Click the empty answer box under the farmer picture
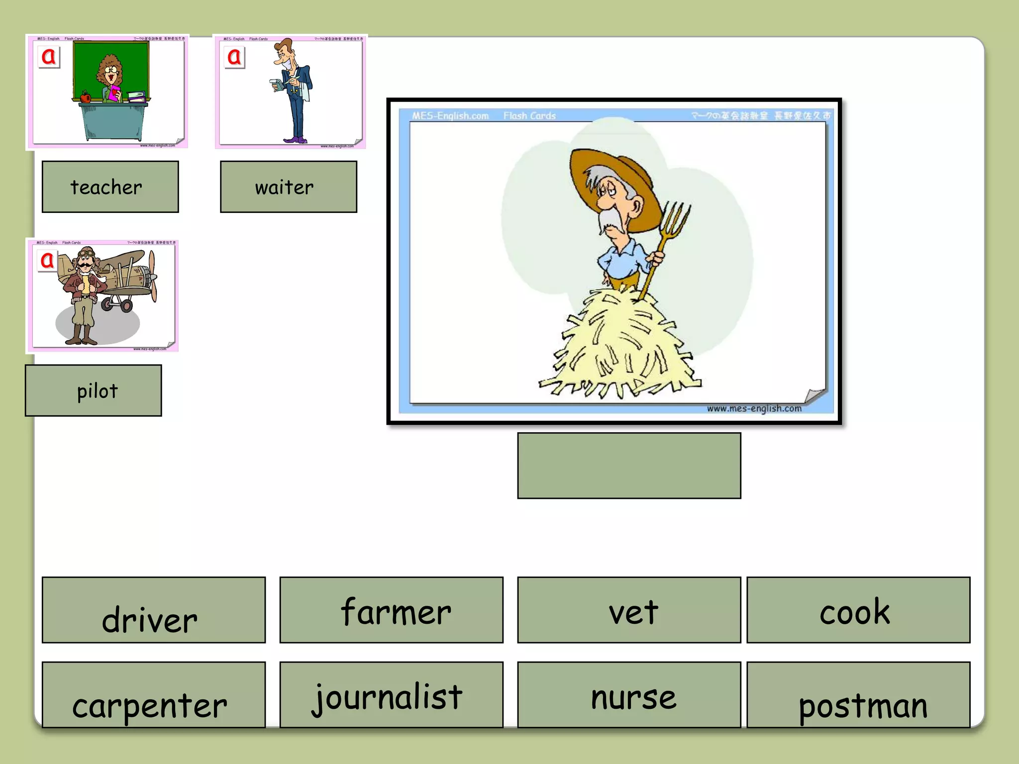[629, 466]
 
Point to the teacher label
[110, 187]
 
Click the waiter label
[289, 187]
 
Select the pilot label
[94, 390]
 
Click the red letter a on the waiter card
[234, 57]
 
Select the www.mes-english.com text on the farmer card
[754, 409]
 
